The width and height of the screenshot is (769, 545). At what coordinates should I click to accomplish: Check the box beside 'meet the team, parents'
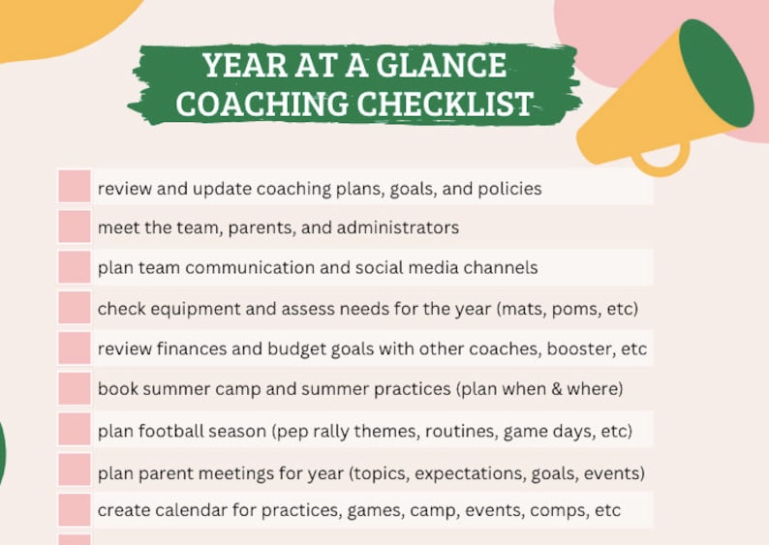pyautogui.click(x=75, y=227)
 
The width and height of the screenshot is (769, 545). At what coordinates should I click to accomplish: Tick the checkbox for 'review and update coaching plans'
pyautogui.click(x=75, y=186)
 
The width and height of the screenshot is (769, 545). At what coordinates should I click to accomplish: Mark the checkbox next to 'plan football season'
pyautogui.click(x=75, y=429)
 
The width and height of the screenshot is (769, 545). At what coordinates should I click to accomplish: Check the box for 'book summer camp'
pyautogui.click(x=75, y=388)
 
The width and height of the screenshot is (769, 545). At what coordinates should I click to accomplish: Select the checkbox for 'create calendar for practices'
pyautogui.click(x=75, y=509)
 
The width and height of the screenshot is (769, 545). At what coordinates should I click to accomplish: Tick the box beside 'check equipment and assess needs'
pyautogui.click(x=75, y=308)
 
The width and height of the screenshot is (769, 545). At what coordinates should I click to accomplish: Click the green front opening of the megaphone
pyautogui.click(x=716, y=74)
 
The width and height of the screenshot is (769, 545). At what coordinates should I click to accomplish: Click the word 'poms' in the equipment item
pyautogui.click(x=572, y=310)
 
